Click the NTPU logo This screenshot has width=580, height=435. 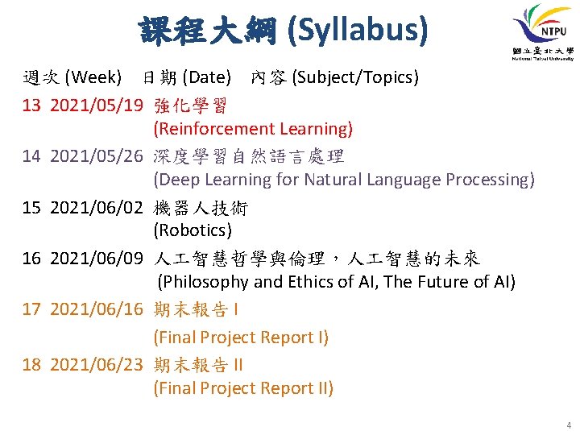tap(542, 32)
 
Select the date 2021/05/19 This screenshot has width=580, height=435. tap(97, 106)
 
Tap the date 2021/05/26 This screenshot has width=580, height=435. tap(97, 156)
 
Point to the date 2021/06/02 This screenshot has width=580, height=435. tap(97, 208)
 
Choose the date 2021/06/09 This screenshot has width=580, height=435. tap(97, 259)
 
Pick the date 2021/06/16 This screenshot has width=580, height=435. tap(97, 309)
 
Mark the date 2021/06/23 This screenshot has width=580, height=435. tap(97, 365)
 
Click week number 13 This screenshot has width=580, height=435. tap(31, 106)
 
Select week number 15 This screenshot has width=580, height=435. tap(31, 208)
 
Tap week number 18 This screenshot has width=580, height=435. tap(31, 365)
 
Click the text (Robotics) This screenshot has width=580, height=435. tap(193, 230)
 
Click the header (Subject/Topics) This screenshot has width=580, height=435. tap(355, 77)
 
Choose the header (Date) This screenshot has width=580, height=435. tap(207, 77)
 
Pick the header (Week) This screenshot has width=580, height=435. tap(93, 77)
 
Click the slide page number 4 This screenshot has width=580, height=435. tap(569, 425)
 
